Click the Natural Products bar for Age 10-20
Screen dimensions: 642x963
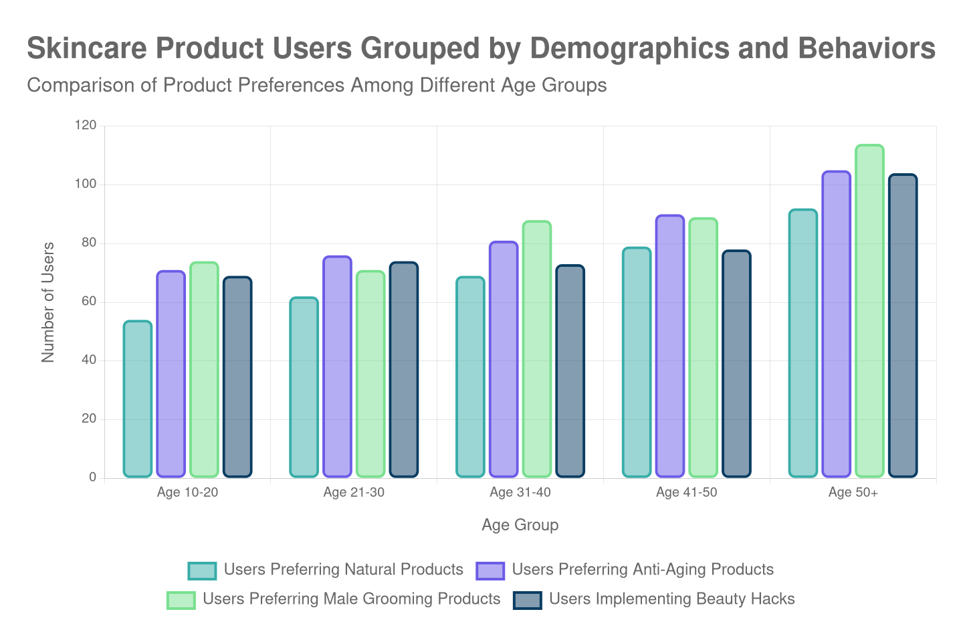[x=138, y=399]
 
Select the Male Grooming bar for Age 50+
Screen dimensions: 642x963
[x=869, y=311]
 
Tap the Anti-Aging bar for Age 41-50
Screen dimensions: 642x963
[x=670, y=346]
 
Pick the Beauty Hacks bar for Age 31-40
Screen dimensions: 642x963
[x=570, y=371]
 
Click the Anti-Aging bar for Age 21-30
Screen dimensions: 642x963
[x=337, y=366]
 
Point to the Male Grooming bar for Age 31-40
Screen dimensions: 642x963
[x=537, y=349]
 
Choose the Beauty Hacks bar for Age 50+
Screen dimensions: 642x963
[x=903, y=326]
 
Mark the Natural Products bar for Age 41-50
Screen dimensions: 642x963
[x=637, y=362]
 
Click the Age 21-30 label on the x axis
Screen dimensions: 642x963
[x=354, y=493]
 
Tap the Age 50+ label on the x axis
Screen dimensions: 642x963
[x=853, y=493]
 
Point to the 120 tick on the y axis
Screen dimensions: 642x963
[x=86, y=125]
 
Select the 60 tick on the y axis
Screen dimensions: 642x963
[x=89, y=301]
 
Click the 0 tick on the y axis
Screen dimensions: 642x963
[x=92, y=477]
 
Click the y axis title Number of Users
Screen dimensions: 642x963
[x=47, y=302]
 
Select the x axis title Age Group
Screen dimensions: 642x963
[x=520, y=526]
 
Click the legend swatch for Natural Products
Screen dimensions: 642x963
[x=202, y=570]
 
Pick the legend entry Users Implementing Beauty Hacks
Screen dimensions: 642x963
[x=671, y=599]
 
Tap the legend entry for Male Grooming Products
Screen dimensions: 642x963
[x=351, y=599]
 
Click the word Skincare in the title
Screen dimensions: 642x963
[x=88, y=49]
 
